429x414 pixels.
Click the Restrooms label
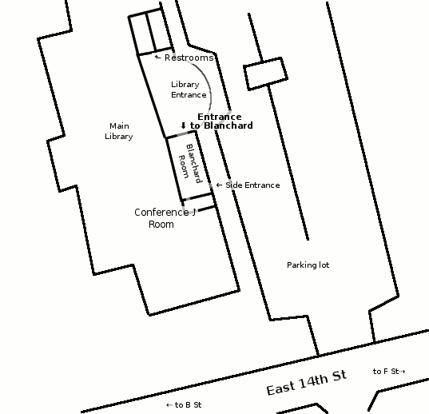tap(189, 58)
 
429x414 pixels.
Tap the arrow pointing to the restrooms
tap(158, 57)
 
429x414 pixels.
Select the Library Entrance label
tap(189, 90)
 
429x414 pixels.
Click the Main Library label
tap(119, 131)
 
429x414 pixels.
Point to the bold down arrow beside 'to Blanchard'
tap(183, 125)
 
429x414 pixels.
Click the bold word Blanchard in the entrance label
tap(228, 125)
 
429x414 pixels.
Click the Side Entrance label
tap(252, 185)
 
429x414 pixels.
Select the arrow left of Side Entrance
tap(219, 185)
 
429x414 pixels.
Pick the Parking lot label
tap(308, 265)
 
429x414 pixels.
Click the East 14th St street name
tap(307, 383)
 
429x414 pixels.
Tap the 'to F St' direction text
tap(386, 372)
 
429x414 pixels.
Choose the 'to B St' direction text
tap(188, 405)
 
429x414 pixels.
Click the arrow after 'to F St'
tap(402, 372)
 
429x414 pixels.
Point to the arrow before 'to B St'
tap(169, 405)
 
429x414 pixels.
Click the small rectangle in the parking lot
tap(265, 74)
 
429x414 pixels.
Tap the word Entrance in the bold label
tap(220, 117)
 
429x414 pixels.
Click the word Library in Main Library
tap(119, 136)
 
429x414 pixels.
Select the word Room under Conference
tap(161, 225)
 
